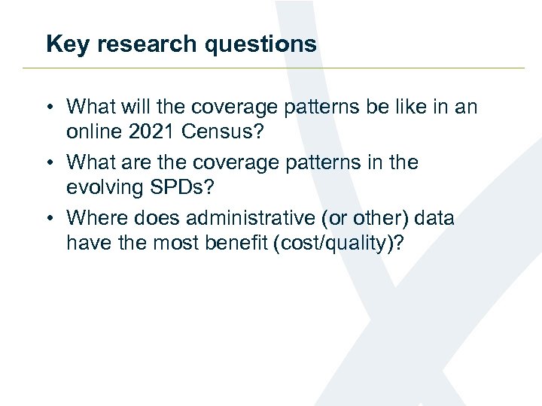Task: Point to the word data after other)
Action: (x=435, y=219)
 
